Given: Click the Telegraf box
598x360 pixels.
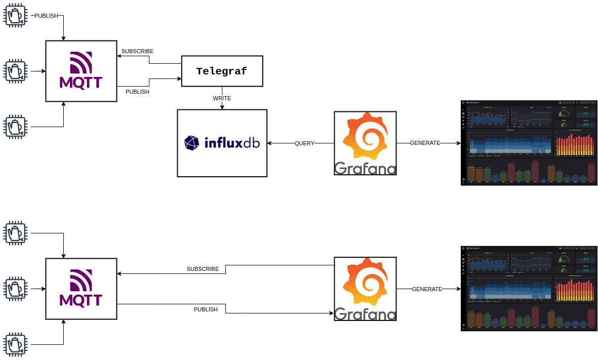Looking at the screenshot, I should tap(222, 71).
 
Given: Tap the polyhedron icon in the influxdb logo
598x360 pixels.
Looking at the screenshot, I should tap(192, 143).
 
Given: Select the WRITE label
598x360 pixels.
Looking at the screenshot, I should tap(222, 98).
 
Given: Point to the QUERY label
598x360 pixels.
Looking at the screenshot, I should tap(304, 143).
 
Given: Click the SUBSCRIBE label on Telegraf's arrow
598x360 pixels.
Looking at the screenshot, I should tap(137, 51).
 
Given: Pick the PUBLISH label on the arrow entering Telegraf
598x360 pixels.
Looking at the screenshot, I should tap(137, 92).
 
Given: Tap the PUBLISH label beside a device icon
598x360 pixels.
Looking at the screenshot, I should tap(46, 16).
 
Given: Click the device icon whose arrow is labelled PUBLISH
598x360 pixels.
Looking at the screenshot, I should tap(15, 15).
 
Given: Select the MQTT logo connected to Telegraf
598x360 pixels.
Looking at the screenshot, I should tap(81, 71).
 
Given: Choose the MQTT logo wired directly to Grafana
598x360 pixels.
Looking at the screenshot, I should tap(81, 289).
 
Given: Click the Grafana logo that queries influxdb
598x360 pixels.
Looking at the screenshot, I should tap(365, 143).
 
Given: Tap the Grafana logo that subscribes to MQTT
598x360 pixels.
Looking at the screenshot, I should tap(365, 289).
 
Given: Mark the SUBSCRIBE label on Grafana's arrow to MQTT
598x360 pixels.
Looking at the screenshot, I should tap(203, 269).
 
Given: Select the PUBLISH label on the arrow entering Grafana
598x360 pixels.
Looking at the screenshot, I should tap(206, 309).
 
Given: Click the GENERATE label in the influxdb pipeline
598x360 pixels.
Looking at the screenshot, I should tap(425, 143).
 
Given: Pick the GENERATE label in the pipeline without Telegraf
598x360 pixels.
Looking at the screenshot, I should tap(427, 289).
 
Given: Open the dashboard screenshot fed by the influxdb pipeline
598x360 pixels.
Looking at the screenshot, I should tap(529, 143).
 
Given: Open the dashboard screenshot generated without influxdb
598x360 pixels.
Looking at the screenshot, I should tap(529, 289).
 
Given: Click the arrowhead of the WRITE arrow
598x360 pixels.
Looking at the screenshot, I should tap(222, 106).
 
